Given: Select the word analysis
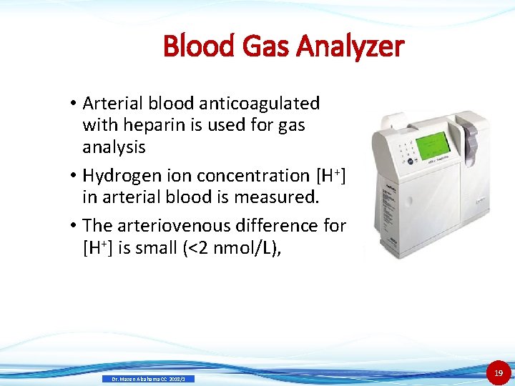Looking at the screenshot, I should pos(114,148).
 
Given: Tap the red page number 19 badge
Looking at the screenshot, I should pos(499,372).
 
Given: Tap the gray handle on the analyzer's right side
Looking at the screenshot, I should pos(469,136).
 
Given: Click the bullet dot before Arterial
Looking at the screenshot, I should pos(74,104).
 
